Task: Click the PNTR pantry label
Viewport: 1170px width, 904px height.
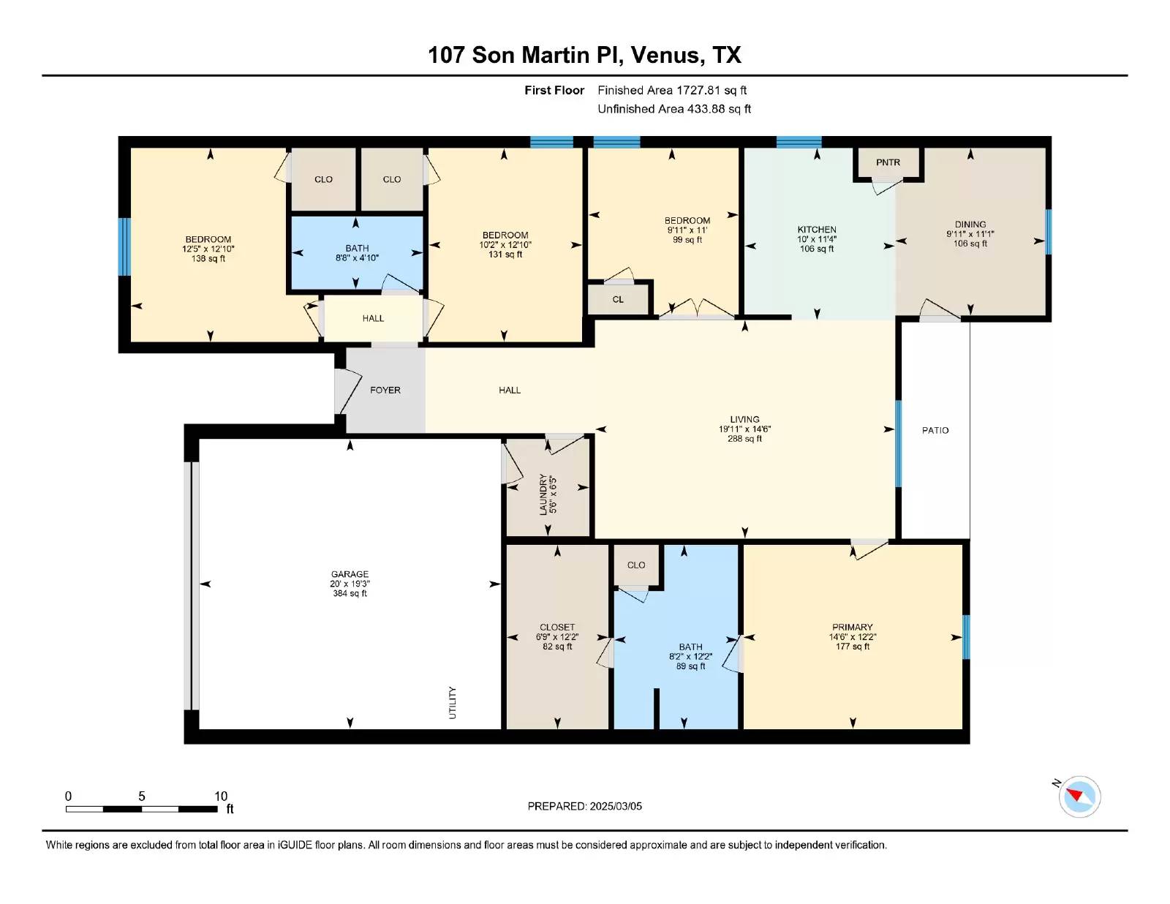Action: pyautogui.click(x=888, y=162)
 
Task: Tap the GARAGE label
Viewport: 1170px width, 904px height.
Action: pyautogui.click(x=350, y=574)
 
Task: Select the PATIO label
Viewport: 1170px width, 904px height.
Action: pyautogui.click(x=935, y=430)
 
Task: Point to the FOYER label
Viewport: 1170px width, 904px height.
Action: pyautogui.click(x=385, y=390)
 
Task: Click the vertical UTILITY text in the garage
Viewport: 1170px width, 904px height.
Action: pyautogui.click(x=452, y=703)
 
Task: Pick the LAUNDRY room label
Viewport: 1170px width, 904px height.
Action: pyautogui.click(x=543, y=494)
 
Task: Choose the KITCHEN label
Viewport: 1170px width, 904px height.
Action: pyautogui.click(x=817, y=230)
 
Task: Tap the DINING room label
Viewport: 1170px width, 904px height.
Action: pyautogui.click(x=970, y=224)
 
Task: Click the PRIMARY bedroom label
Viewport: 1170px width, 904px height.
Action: pyautogui.click(x=853, y=627)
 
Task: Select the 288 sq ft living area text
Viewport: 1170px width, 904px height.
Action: pyautogui.click(x=744, y=438)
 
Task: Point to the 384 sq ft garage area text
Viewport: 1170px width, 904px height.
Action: pyautogui.click(x=350, y=593)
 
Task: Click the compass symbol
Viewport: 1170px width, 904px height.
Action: pyautogui.click(x=1079, y=796)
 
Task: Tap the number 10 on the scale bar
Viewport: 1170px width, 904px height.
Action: pyautogui.click(x=221, y=796)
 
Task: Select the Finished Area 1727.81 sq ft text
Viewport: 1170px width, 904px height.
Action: pyautogui.click(x=672, y=90)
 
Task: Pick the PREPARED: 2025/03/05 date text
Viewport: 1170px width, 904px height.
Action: pyautogui.click(x=585, y=806)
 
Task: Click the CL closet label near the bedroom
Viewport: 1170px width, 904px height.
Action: pyautogui.click(x=618, y=299)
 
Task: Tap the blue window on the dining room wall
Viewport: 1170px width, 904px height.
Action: pyautogui.click(x=1049, y=232)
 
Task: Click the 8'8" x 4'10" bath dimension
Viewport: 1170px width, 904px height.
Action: pyautogui.click(x=357, y=258)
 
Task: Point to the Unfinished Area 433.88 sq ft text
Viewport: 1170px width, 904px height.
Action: pyautogui.click(x=674, y=109)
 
